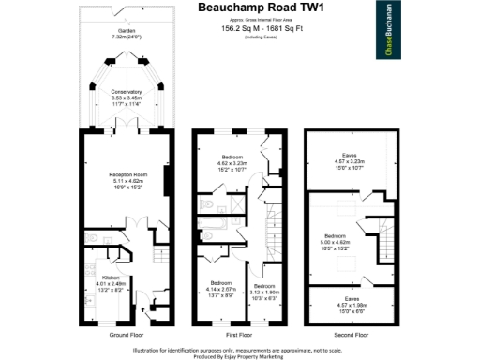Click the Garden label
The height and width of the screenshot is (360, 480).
click(x=125, y=33)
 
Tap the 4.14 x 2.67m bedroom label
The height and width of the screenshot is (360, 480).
click(x=221, y=287)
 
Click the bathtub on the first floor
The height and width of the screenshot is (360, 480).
click(x=213, y=223)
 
